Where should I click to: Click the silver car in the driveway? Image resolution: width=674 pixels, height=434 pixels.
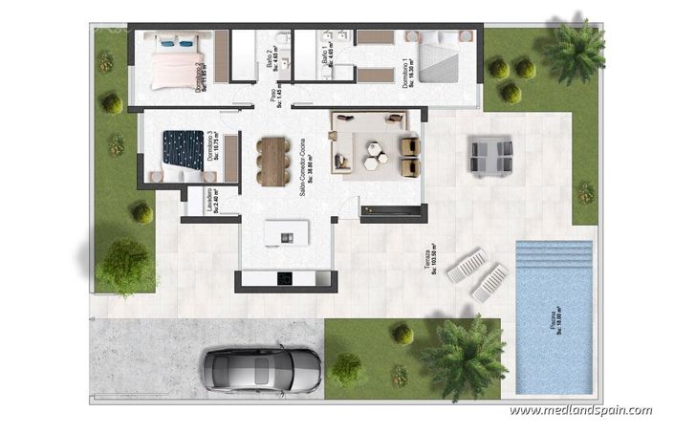coord(261,368)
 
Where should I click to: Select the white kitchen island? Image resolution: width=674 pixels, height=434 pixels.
coord(287,232)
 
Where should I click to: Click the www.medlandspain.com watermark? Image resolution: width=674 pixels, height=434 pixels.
coord(580,411)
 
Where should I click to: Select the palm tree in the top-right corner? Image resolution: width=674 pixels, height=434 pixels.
coord(576,50)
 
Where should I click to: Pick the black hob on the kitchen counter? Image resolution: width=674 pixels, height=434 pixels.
coord(285,278)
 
